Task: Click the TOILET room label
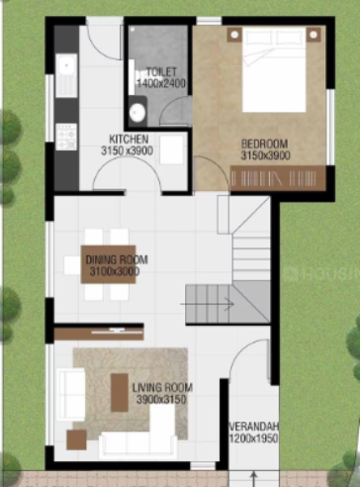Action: click(160, 73)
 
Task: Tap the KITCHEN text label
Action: click(130, 139)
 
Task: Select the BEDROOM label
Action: click(262, 144)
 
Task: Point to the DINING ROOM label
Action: click(117, 259)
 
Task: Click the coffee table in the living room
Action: click(119, 393)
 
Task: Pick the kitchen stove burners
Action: click(66, 132)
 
